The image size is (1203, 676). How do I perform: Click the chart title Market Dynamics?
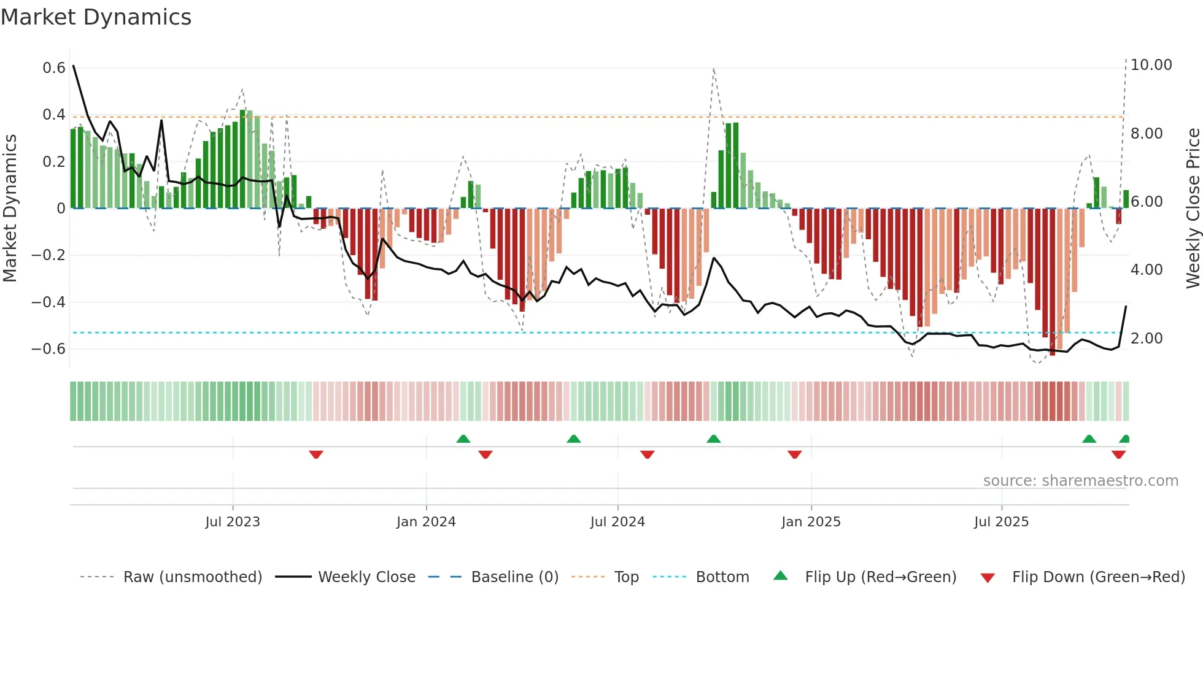96,17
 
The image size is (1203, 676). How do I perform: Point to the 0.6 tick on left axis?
54,68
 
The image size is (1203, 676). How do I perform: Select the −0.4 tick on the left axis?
48,302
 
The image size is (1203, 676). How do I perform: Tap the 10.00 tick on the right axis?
1151,65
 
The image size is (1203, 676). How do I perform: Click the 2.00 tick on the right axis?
1146,339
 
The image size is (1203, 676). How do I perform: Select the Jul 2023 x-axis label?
233,522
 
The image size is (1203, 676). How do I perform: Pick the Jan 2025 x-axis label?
811,522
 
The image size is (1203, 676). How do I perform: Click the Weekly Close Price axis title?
1193,209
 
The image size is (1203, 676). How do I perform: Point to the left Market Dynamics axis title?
10,209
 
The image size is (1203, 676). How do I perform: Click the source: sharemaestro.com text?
1080,481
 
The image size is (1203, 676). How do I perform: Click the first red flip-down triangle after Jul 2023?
316,455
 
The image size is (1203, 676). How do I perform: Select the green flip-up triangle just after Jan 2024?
463,439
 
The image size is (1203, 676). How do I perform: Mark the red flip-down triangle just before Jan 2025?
794,455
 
